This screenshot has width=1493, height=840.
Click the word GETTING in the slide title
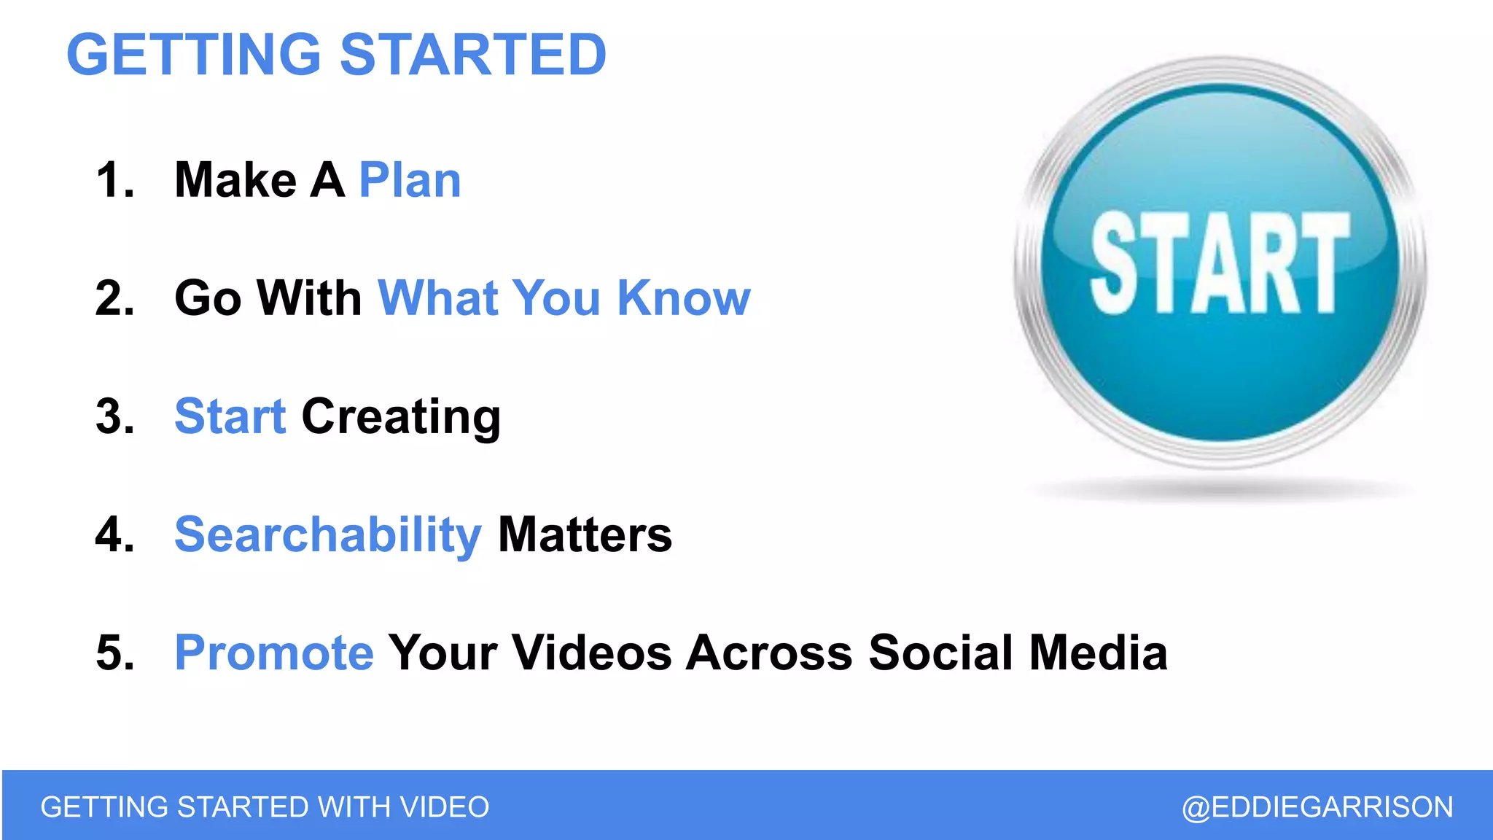click(194, 55)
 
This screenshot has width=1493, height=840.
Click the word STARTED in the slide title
click(473, 55)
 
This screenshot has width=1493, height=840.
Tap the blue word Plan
click(410, 180)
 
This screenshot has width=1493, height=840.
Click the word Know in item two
click(683, 298)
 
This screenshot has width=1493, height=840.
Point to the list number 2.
click(114, 298)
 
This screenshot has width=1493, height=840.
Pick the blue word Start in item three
click(230, 416)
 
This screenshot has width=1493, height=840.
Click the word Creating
click(401, 418)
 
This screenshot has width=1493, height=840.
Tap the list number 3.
click(114, 416)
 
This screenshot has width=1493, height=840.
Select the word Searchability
click(328, 536)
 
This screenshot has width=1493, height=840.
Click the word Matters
click(585, 534)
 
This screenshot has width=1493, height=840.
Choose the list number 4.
click(114, 534)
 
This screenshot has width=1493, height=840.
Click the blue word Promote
click(274, 653)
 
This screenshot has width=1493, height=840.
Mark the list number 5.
click(114, 653)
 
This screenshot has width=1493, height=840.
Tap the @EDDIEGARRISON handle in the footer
click(1317, 807)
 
